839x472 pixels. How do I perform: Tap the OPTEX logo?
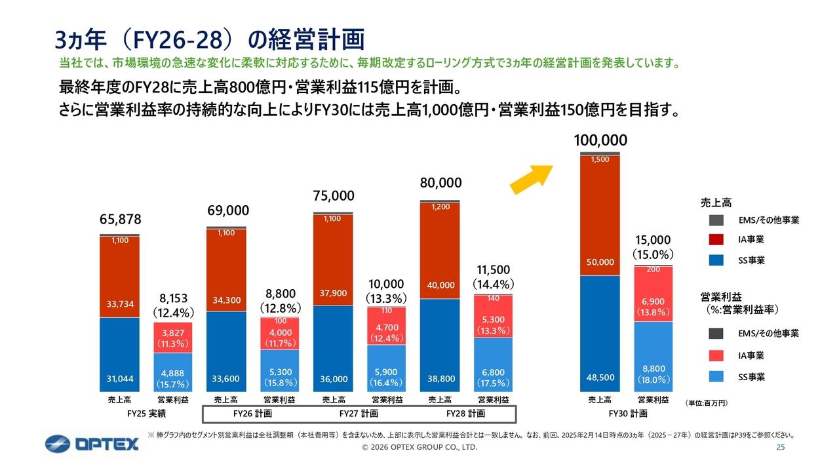click(x=92, y=444)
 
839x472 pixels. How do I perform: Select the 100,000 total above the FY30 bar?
click(x=600, y=140)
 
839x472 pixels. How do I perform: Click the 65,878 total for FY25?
click(x=119, y=218)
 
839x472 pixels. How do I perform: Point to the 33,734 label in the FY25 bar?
click(x=119, y=304)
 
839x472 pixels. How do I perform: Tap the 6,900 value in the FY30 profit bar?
click(x=654, y=301)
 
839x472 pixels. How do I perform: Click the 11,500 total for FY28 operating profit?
click(x=494, y=270)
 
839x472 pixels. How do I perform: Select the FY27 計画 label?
click(x=359, y=414)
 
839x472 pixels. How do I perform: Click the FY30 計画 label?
click(x=627, y=414)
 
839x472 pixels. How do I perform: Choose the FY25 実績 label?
click(x=146, y=414)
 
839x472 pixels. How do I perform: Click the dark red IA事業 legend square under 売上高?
click(x=716, y=240)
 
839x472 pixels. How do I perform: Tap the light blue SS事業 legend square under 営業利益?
click(x=716, y=377)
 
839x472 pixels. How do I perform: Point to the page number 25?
click(x=780, y=448)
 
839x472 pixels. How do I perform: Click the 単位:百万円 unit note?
click(x=707, y=402)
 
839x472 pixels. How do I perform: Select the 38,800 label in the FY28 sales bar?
click(x=439, y=379)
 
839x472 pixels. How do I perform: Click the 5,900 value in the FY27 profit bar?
click(x=387, y=372)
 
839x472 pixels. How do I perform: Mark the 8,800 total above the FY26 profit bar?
click(x=280, y=294)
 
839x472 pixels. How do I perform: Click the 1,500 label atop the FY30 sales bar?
click(x=600, y=160)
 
